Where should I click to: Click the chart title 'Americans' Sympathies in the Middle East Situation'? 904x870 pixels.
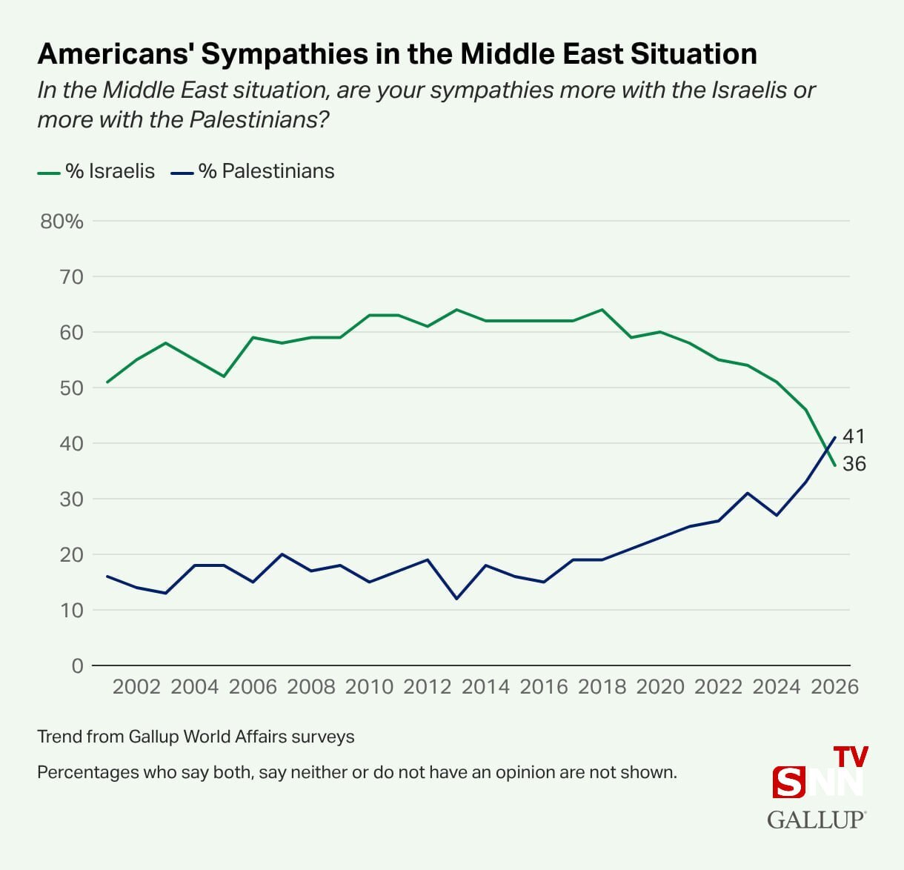pos(397,54)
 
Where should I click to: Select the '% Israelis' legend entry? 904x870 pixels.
pos(96,171)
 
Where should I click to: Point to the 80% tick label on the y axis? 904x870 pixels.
pos(62,222)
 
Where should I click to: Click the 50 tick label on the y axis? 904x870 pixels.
pos(72,388)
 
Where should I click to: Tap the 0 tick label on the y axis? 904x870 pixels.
pos(77,665)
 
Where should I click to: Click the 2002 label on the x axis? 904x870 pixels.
pos(136,687)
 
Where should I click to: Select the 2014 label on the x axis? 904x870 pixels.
pos(485,687)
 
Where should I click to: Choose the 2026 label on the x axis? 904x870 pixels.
pos(834,687)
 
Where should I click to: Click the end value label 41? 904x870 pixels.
pos(854,436)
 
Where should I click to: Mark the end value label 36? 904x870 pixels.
pos(854,464)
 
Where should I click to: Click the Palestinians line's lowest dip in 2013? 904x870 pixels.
pos(456,599)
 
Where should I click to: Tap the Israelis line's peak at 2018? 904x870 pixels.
pos(602,310)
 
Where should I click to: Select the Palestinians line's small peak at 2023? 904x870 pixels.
pos(748,493)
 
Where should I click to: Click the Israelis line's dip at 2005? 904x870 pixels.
pos(224,376)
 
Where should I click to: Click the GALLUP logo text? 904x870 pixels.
pos(816,820)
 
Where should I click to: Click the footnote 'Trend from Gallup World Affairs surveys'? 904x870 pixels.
pos(196,737)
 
